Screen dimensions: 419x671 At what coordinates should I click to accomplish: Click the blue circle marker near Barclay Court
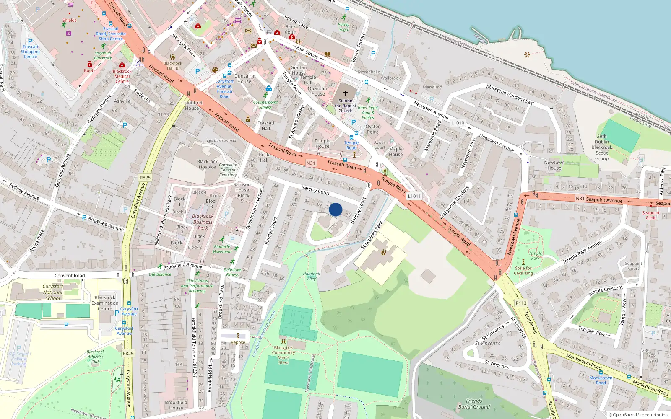pos(335,209)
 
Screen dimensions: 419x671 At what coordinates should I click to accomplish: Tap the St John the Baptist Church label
pos(346,106)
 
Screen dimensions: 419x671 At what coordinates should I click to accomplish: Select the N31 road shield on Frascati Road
pos(311,163)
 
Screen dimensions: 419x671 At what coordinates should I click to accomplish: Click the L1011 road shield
pos(414,196)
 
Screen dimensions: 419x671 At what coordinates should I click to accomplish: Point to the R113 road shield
pos(521,303)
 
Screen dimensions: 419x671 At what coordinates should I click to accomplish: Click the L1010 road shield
pos(458,123)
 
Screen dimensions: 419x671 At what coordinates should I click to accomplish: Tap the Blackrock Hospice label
pos(207,164)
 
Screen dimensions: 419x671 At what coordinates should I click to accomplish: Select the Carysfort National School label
pos(52,292)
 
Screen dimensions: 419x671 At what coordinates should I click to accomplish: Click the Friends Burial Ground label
pos(474,403)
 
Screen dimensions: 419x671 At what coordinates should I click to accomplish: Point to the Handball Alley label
pos(311,276)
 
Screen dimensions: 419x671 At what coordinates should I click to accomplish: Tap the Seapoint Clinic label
pos(650,215)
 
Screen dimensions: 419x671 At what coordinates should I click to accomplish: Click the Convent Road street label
pos(70,276)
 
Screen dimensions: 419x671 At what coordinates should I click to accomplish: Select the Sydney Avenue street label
pos(24,192)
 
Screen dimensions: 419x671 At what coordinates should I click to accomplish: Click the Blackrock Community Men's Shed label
pos(283,354)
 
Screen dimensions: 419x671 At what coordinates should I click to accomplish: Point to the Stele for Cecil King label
pos(523,271)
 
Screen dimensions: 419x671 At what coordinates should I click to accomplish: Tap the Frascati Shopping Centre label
pos(30,52)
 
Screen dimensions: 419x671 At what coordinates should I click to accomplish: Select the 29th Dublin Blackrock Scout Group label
pos(602,147)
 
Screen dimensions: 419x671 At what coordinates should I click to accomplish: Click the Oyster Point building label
pos(372,129)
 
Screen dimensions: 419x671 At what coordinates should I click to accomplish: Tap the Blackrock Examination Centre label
pos(105,303)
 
